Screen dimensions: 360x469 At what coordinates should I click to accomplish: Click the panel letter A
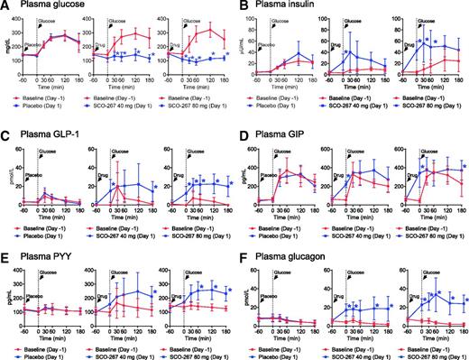[x=5, y=6]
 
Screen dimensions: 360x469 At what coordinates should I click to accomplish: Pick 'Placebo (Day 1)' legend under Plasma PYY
[x=46, y=355]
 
